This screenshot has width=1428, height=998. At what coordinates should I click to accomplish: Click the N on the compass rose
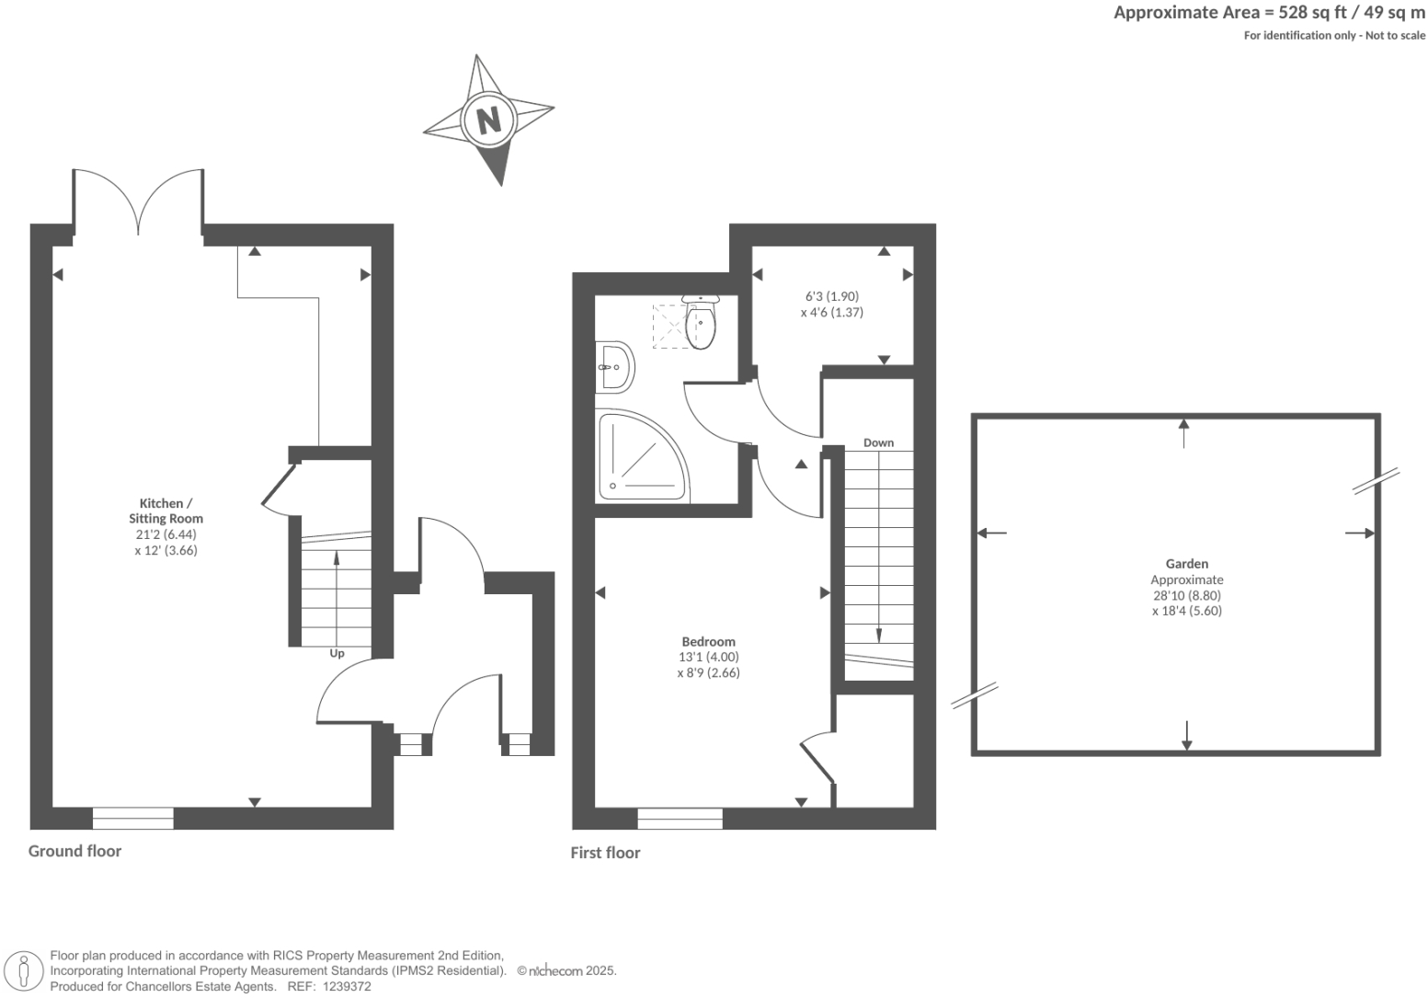tap(488, 120)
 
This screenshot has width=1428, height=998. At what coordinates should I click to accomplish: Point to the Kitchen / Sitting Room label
tap(166, 510)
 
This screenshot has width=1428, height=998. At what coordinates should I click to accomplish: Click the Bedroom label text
tap(708, 641)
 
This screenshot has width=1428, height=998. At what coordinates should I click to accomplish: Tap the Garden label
tap(1186, 564)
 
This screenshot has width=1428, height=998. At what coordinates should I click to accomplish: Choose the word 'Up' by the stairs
tap(337, 654)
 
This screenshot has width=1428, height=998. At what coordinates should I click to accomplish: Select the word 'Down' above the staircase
tap(878, 442)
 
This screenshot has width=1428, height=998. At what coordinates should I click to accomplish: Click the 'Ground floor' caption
tap(74, 851)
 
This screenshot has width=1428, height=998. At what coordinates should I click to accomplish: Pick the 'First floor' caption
tap(605, 853)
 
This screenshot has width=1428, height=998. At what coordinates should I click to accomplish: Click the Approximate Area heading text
tap(1269, 13)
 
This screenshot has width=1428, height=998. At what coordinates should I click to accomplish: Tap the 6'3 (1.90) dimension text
tap(831, 296)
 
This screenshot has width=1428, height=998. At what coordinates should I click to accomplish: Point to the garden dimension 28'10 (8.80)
tap(1186, 595)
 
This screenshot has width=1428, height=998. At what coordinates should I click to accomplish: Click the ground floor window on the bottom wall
tap(133, 818)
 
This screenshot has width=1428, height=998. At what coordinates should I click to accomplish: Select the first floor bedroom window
tap(680, 818)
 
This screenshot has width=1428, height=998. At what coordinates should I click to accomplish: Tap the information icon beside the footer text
tap(25, 971)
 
